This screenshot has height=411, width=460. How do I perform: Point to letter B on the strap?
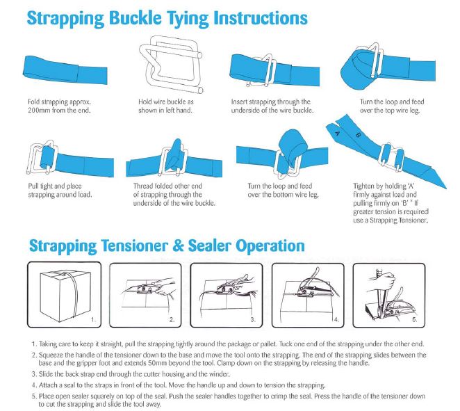pyautogui.click(x=359, y=138)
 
